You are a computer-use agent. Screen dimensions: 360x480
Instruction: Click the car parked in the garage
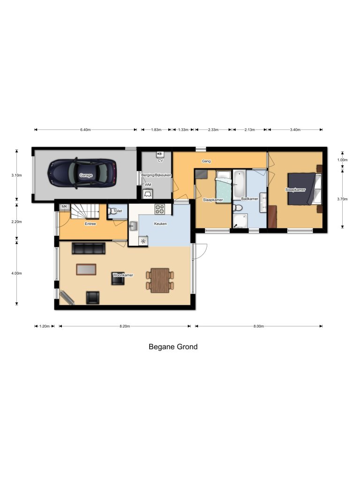82,173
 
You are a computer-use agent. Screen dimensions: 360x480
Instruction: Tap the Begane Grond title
173,347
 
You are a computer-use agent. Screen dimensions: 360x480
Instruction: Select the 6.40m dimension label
85,129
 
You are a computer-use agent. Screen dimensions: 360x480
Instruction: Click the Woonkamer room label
123,275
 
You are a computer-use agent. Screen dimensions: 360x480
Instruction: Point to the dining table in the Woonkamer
160,280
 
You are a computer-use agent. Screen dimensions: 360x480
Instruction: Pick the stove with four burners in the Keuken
159,209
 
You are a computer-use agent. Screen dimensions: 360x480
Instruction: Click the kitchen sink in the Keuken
134,226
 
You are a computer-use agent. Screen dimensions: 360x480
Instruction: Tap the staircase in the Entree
85,211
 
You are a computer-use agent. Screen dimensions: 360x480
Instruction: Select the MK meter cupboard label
64,207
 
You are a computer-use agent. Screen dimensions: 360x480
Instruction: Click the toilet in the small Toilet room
112,211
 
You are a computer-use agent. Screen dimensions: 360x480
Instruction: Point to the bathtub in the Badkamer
239,184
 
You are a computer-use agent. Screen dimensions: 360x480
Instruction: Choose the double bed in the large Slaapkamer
304,188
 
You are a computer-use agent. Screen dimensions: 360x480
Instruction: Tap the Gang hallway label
206,161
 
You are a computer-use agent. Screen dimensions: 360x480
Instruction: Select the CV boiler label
160,160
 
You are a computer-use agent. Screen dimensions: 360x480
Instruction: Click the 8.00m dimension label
258,326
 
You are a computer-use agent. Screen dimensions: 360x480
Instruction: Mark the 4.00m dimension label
16,273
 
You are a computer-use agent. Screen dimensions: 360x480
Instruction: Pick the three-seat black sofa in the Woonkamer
89,248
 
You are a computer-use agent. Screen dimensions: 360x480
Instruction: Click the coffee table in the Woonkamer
86,270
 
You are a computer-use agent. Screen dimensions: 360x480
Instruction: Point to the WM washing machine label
148,185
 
